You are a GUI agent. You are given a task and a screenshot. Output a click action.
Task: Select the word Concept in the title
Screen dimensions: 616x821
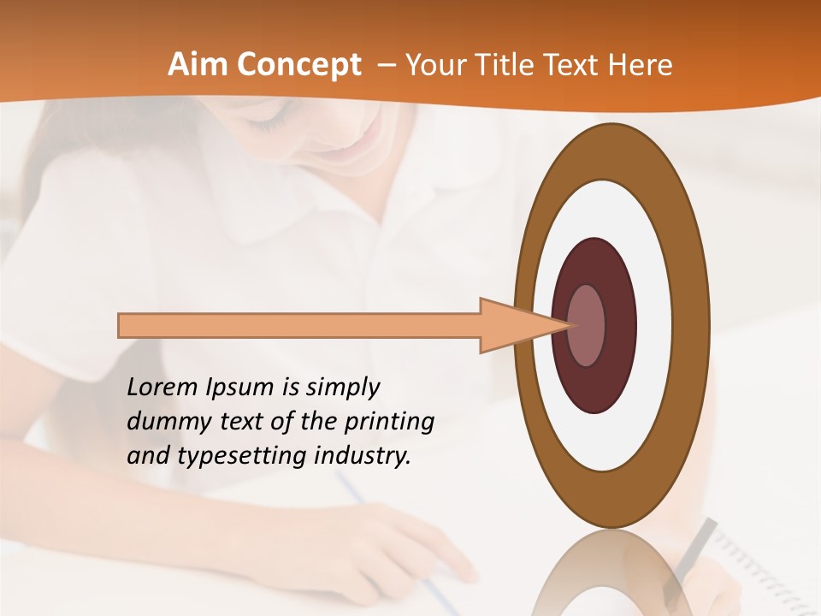click(298, 65)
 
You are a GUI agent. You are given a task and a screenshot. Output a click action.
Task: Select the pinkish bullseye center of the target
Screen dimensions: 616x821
click(587, 325)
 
